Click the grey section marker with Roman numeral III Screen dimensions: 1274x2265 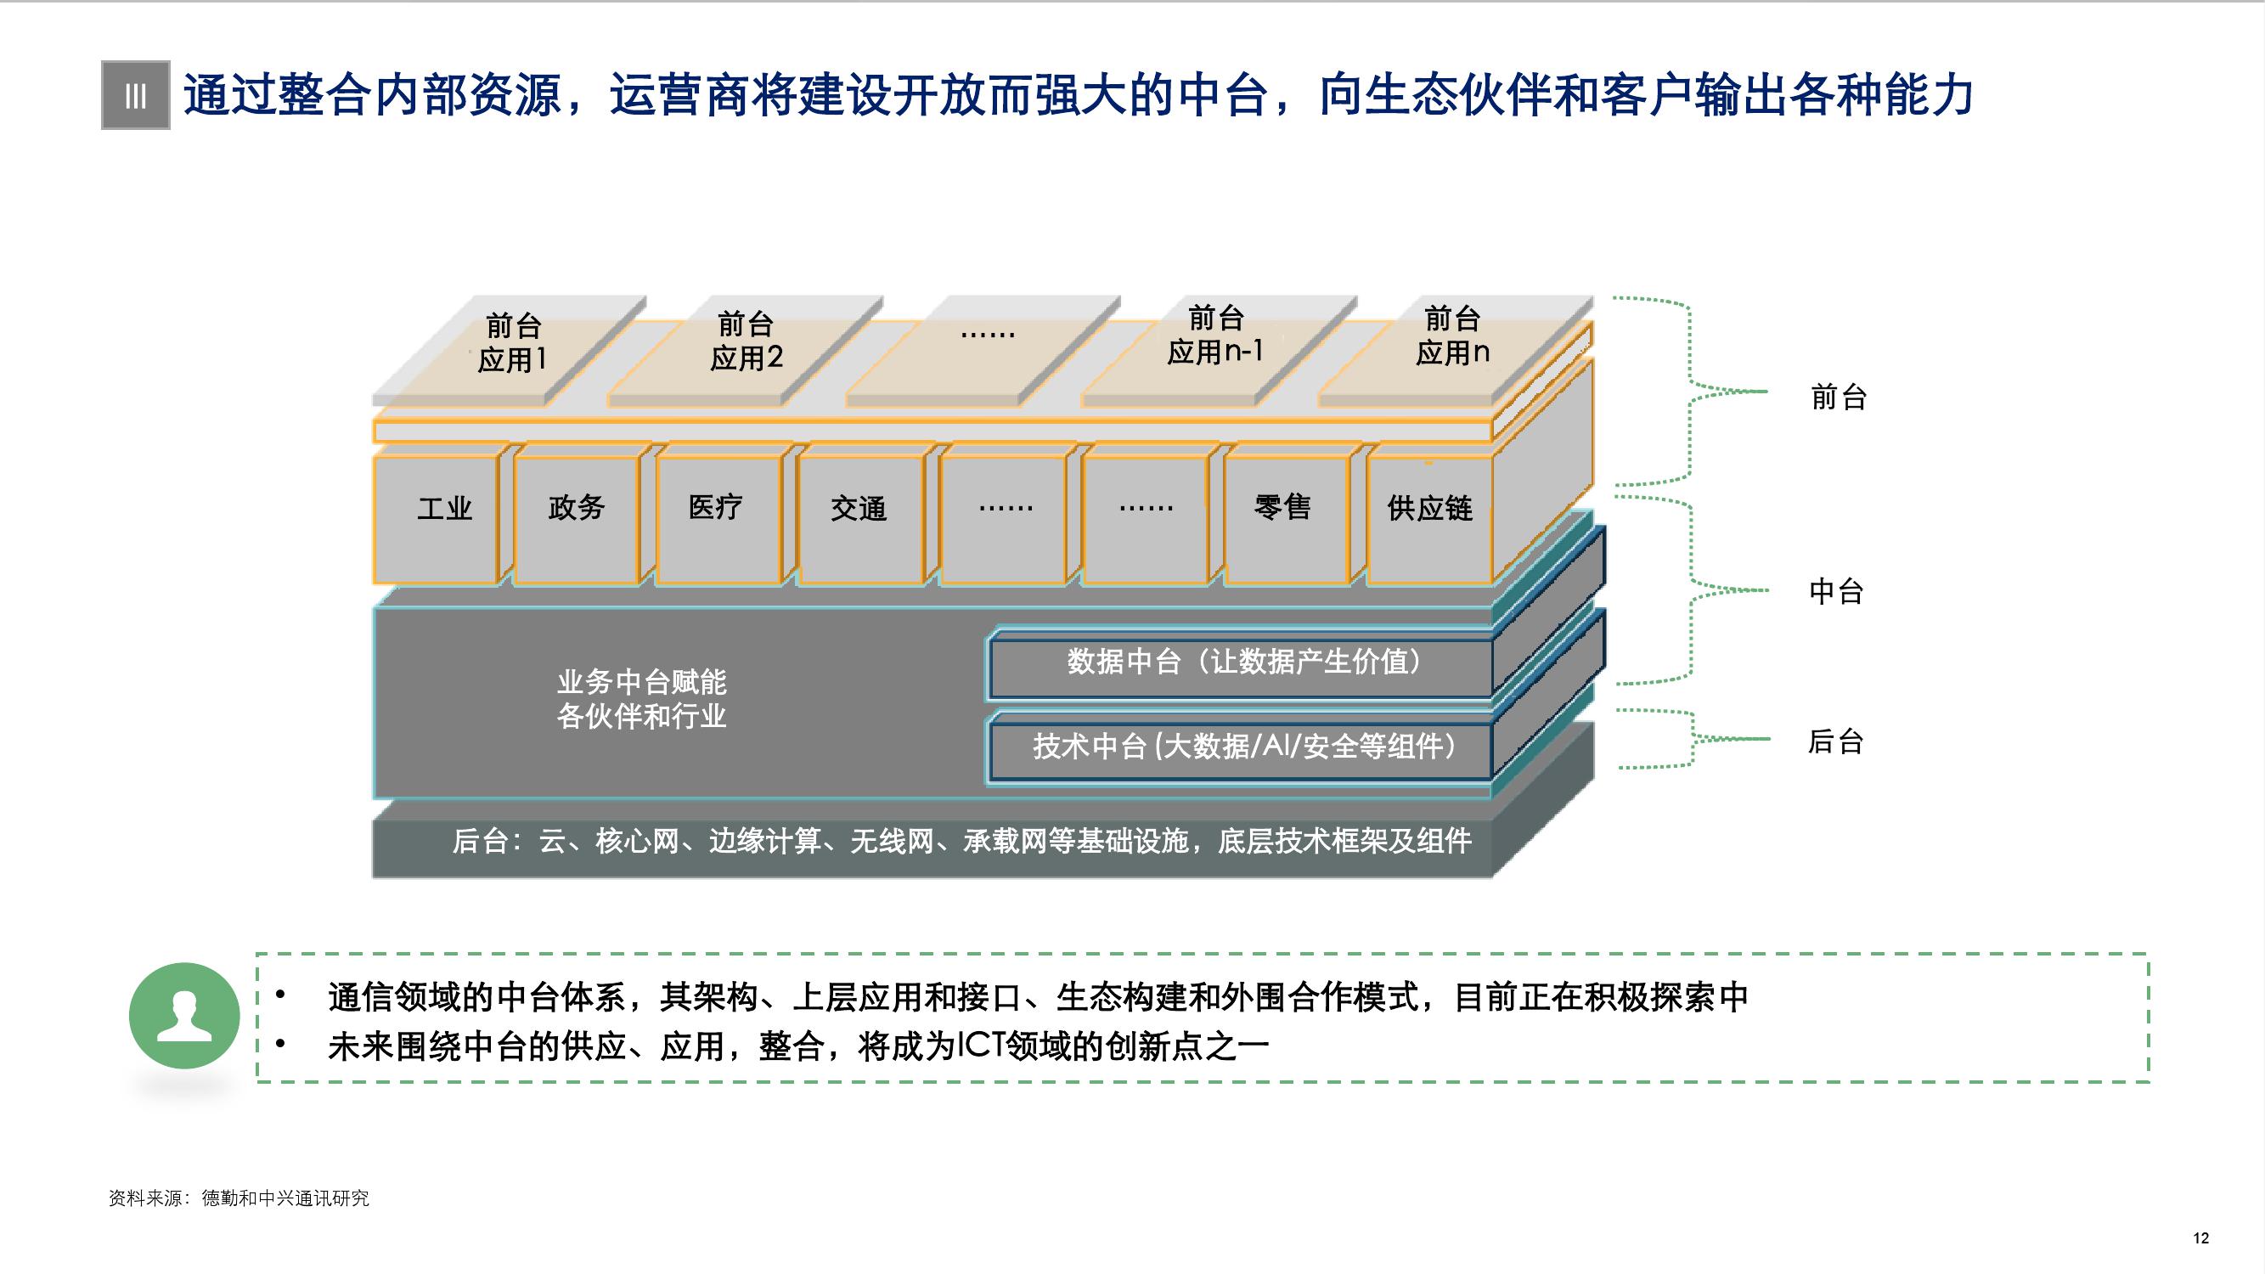[x=135, y=96]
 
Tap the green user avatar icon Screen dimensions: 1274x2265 [x=184, y=1016]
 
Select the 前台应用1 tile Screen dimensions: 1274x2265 [x=513, y=344]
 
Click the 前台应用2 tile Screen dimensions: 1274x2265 [x=746, y=342]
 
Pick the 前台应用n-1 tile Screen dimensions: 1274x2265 [x=1215, y=335]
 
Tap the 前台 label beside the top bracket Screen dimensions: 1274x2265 [x=1839, y=398]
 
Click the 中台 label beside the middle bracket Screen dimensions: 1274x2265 [x=1837, y=592]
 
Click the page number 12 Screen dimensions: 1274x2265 [x=2200, y=1238]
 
